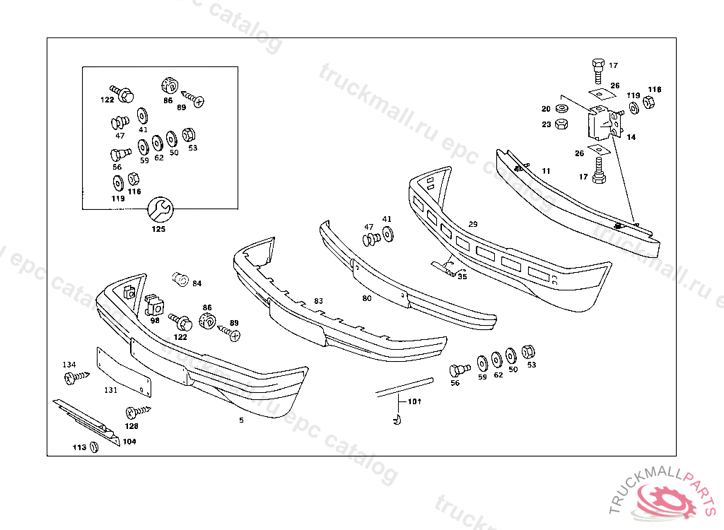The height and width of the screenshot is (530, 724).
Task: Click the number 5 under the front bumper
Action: coord(241,420)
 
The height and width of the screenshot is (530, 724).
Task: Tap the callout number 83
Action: coord(319,302)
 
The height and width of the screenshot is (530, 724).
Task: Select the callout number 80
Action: coord(366,299)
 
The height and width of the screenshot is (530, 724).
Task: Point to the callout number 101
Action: coord(414,402)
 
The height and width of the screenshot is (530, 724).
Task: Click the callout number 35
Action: coord(462,277)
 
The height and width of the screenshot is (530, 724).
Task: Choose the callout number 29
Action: coord(473,224)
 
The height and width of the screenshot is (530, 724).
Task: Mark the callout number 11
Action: coord(546,171)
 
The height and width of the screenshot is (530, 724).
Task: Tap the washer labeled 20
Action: coord(561,109)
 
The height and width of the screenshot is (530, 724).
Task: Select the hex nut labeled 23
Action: coord(561,124)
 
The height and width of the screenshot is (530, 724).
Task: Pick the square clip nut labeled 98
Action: coord(154,306)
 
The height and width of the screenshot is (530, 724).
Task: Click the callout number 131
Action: coord(111,390)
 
